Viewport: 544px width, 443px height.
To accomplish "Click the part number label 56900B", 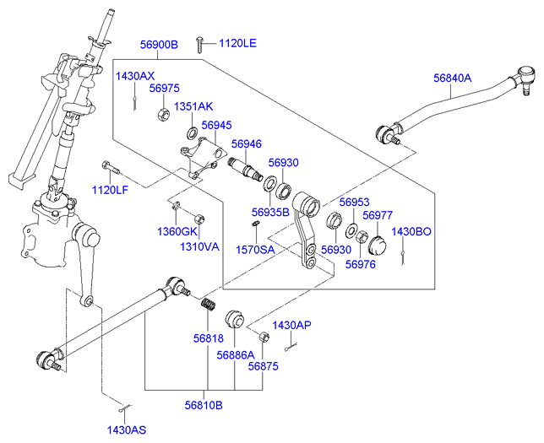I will [159, 44].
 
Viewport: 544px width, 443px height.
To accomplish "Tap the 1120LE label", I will [239, 43].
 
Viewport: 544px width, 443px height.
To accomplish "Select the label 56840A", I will [453, 78].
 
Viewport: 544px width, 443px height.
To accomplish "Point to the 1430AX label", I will [135, 76].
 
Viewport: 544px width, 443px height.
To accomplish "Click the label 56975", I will [165, 88].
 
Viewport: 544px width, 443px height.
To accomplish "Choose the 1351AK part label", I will [193, 107].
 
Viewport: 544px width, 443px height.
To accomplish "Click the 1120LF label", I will [110, 189].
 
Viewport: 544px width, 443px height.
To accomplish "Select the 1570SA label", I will [254, 250].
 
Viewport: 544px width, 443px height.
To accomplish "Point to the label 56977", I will [377, 215].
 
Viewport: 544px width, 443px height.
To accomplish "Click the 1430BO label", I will [412, 231].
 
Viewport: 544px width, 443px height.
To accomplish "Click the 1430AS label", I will [127, 429].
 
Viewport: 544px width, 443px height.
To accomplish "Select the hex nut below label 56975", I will [162, 112].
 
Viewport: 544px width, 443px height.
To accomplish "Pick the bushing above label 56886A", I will [233, 319].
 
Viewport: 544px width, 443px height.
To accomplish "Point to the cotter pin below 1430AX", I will [135, 102].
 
